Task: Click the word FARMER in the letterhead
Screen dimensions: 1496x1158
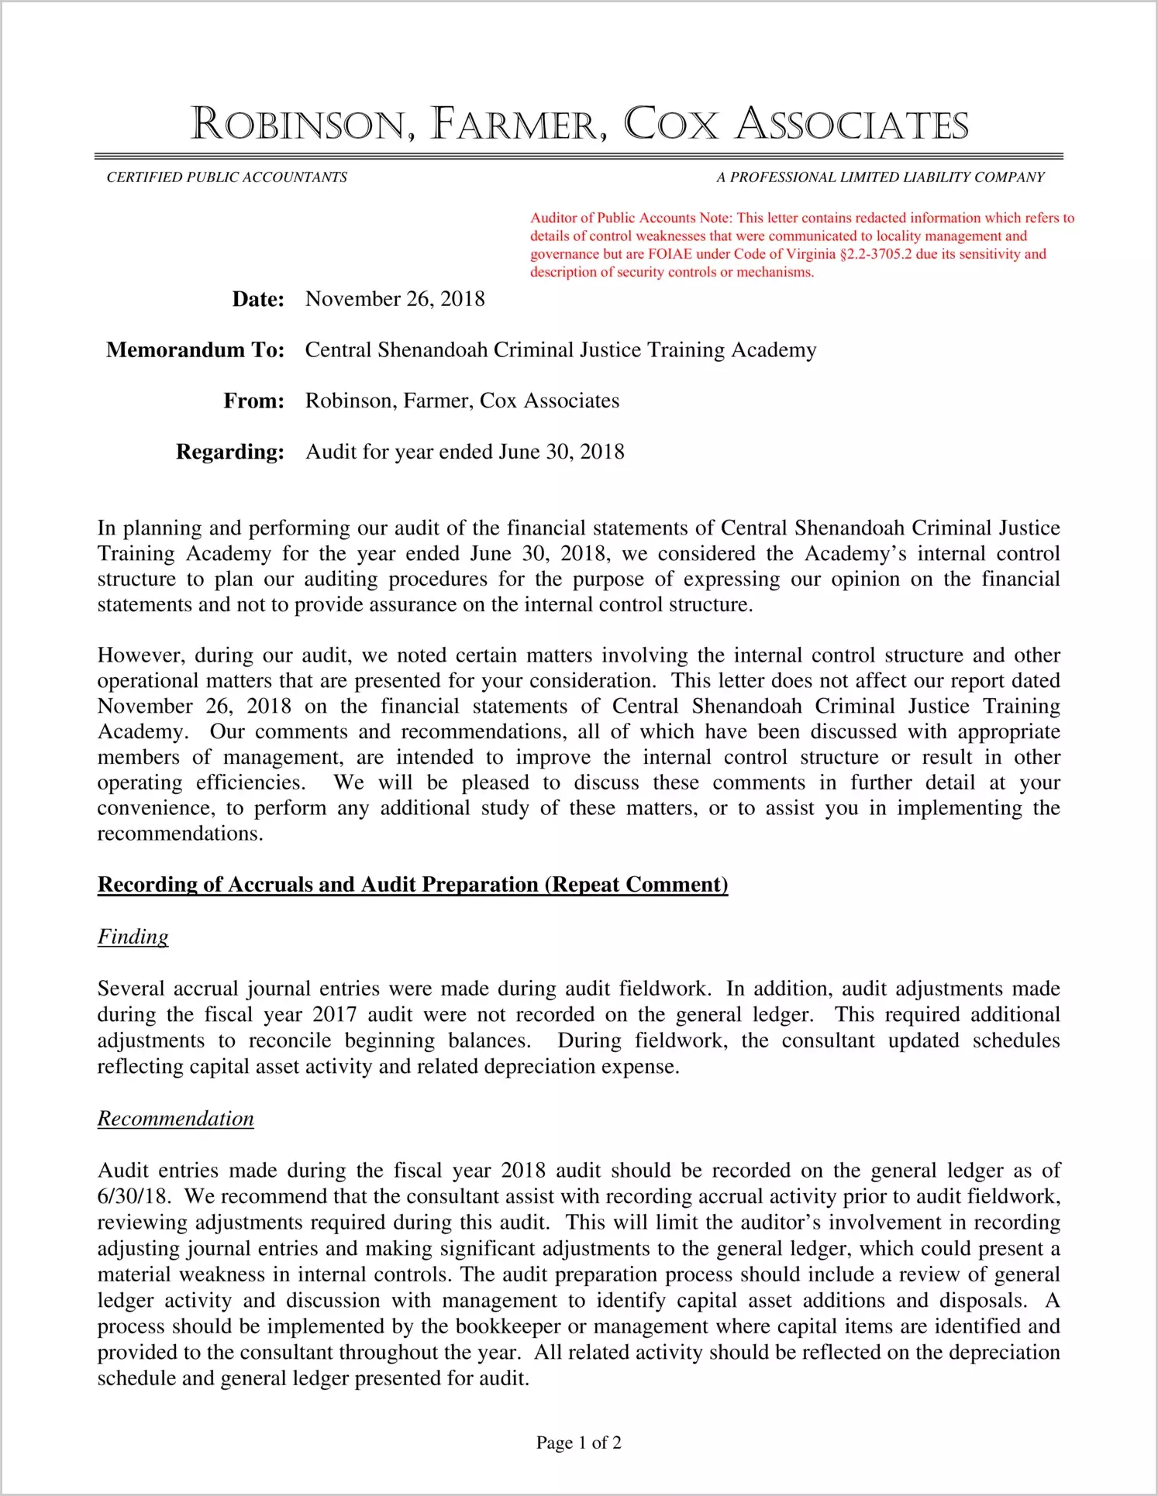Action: point(519,125)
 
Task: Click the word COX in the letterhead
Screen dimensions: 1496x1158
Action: point(671,125)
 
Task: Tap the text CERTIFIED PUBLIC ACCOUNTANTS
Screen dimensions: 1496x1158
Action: point(226,177)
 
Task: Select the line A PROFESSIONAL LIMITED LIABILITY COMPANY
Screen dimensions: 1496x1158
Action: point(880,177)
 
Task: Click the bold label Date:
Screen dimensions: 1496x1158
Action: point(258,300)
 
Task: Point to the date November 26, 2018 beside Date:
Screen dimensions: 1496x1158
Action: point(395,299)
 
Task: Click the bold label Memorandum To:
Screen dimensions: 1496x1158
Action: point(195,350)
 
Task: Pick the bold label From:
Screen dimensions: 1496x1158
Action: point(253,401)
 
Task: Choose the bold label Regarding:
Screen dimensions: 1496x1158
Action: point(229,452)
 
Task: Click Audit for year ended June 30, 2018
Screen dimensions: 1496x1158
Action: point(464,452)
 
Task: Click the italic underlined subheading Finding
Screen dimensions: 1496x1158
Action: point(133,937)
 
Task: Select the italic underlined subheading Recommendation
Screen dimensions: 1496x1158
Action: point(175,1119)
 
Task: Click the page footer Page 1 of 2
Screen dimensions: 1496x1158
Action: point(578,1443)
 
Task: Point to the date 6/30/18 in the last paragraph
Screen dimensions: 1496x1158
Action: point(132,1196)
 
